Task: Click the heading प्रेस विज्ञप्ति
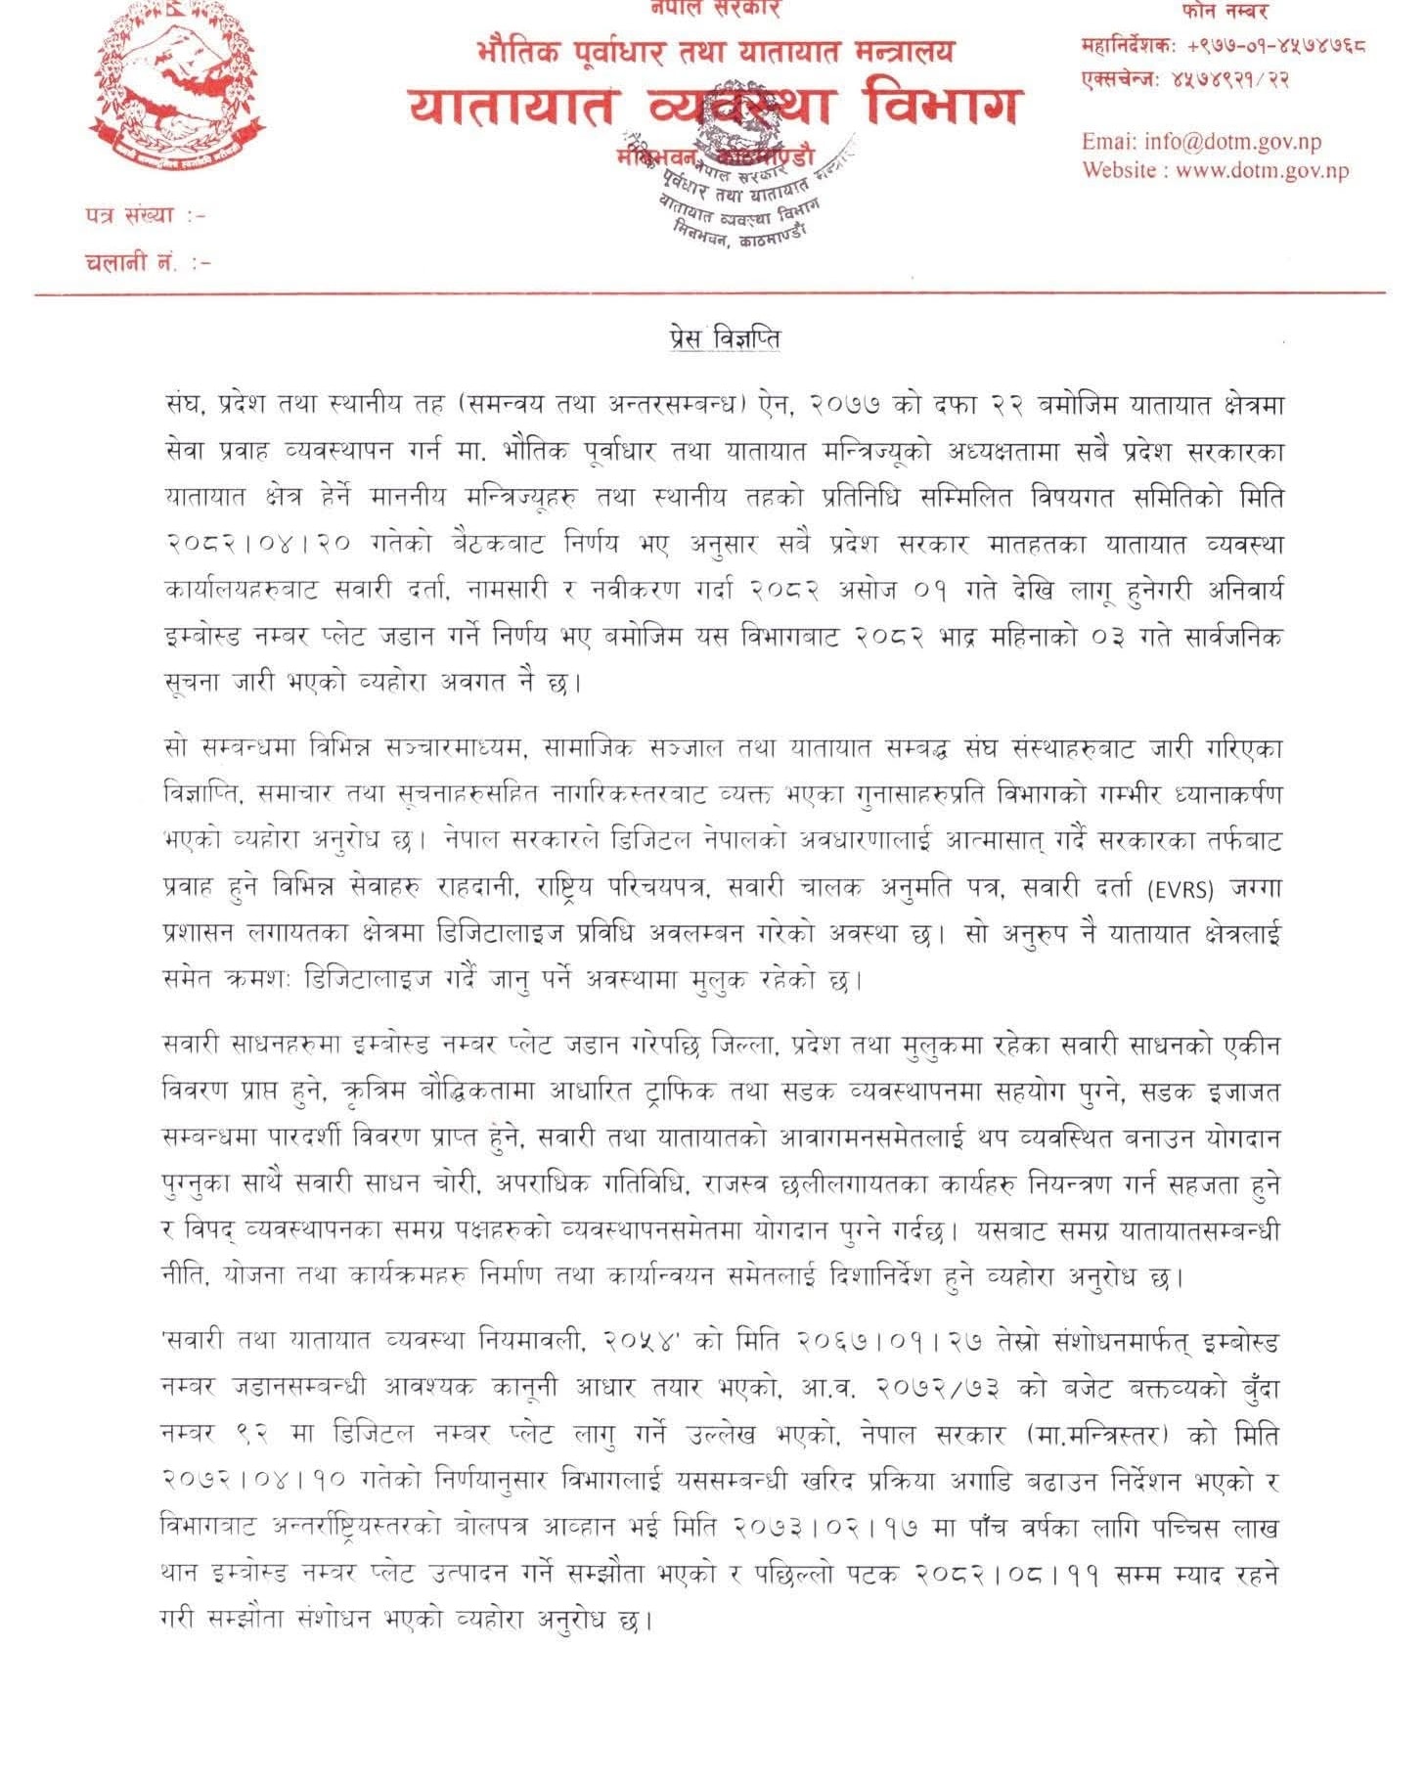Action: click(x=719, y=338)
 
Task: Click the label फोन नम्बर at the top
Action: click(x=1224, y=13)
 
